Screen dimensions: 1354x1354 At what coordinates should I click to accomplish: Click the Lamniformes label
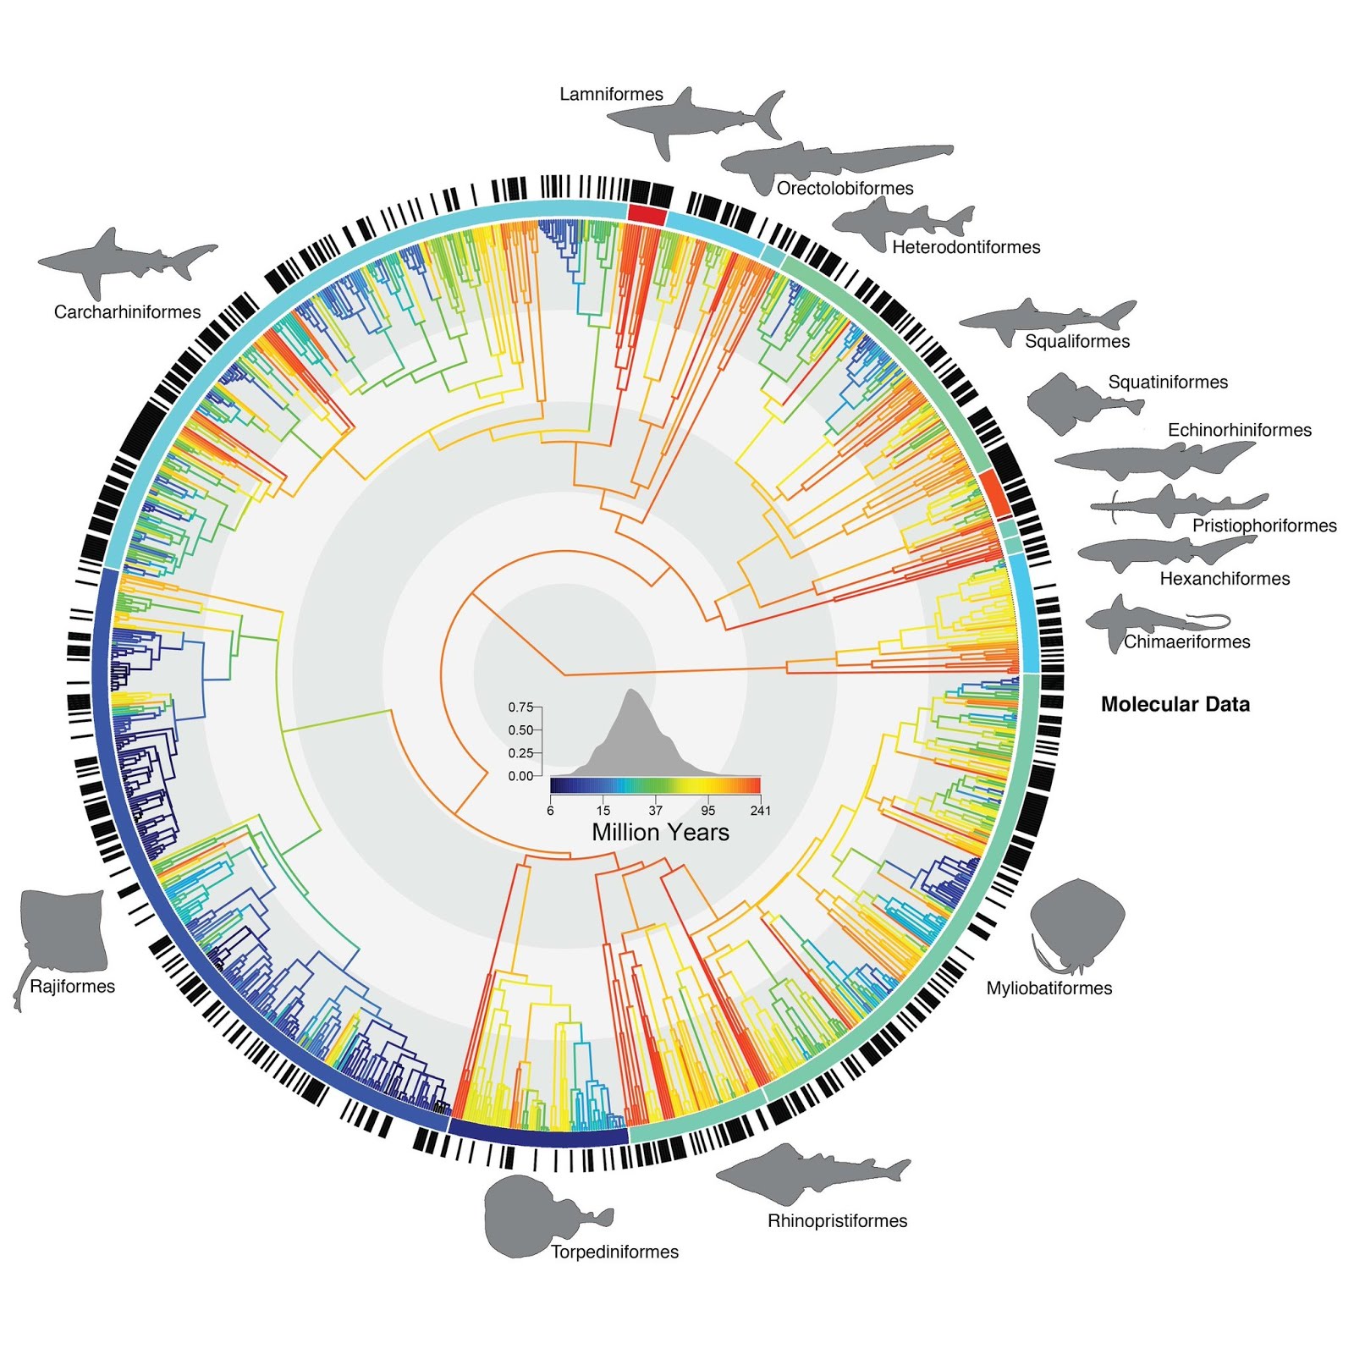(x=611, y=94)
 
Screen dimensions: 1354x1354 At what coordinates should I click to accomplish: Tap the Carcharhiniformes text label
(x=127, y=312)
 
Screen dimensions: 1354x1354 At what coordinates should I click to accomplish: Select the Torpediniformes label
(x=614, y=1252)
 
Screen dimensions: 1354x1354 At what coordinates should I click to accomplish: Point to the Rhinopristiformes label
(x=837, y=1220)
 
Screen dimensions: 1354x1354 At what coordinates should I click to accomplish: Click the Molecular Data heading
(x=1175, y=704)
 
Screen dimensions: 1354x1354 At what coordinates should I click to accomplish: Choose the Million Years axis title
(x=660, y=833)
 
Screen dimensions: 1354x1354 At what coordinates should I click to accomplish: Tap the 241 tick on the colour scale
(x=760, y=811)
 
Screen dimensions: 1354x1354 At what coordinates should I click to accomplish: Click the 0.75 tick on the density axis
(x=520, y=707)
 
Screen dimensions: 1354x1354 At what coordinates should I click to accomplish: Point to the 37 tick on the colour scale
(x=656, y=811)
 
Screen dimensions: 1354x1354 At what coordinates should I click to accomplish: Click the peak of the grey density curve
(x=632, y=691)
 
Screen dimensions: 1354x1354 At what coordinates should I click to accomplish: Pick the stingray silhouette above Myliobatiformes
(x=1077, y=922)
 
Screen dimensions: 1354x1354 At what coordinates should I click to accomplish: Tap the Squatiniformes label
(x=1168, y=383)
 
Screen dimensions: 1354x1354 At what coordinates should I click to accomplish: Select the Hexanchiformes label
(x=1225, y=579)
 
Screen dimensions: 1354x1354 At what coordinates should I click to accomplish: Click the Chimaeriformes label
(x=1186, y=642)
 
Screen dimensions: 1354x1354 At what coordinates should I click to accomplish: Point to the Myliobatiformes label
(x=1049, y=988)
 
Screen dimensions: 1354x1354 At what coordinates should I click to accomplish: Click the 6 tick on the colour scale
(x=550, y=811)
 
